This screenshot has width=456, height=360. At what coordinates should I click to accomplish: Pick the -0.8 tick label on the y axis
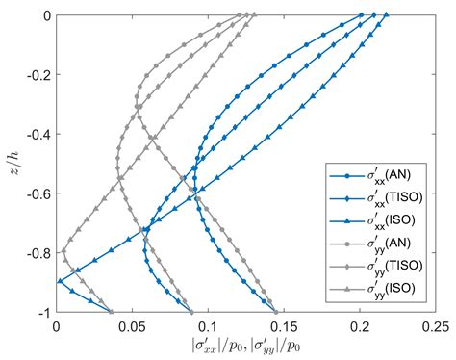click(35, 254)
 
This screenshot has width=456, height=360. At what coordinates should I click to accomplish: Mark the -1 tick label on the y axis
click(40, 313)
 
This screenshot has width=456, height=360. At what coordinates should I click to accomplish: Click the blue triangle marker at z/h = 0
click(386, 15)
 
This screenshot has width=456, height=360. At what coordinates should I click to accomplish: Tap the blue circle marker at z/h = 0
click(362, 15)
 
